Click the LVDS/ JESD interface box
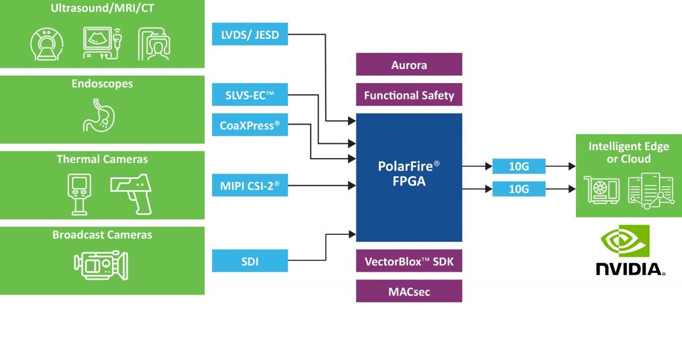click(x=250, y=34)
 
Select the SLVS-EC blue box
click(x=250, y=95)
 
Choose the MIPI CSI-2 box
click(x=250, y=185)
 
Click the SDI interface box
click(x=250, y=260)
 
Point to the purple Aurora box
click(x=409, y=64)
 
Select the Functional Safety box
click(x=409, y=95)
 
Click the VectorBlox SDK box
click(x=409, y=261)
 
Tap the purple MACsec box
click(x=409, y=291)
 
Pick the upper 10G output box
click(x=518, y=166)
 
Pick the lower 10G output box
click(x=518, y=189)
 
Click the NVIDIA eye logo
click(x=625, y=241)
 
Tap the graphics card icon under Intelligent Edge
click(x=603, y=190)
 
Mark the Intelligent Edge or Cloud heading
click(x=628, y=152)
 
